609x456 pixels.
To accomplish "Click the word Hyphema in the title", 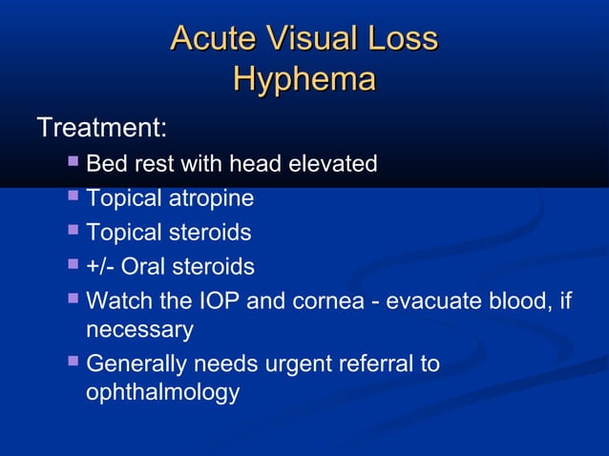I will pyautogui.click(x=304, y=80).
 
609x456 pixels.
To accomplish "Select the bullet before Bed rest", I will pyautogui.click(x=73, y=164).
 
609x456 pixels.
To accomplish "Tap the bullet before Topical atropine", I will pyautogui.click(x=73, y=197).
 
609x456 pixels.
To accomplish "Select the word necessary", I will pyautogui.click(x=139, y=330).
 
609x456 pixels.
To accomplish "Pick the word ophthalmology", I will pyautogui.click(x=162, y=392).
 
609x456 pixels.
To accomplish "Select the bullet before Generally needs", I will pyautogui.click(x=73, y=363).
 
